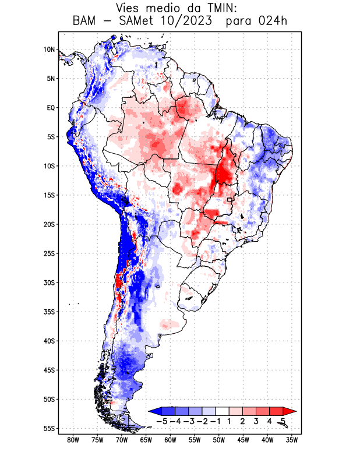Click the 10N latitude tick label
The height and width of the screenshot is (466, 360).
click(x=49, y=50)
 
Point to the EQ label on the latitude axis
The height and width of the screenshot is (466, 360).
click(x=51, y=108)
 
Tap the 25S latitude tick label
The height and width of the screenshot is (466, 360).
click(x=49, y=253)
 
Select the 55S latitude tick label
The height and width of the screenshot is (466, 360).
click(x=49, y=428)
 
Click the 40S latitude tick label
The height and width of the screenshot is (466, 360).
click(x=49, y=341)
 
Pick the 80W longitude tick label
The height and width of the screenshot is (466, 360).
click(x=73, y=440)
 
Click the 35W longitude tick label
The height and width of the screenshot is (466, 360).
click(x=292, y=440)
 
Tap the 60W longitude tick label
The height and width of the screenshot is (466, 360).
click(x=171, y=440)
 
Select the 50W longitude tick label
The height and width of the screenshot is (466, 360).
click(x=219, y=440)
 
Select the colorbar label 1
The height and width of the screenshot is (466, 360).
click(x=229, y=421)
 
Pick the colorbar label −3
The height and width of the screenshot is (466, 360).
click(x=189, y=421)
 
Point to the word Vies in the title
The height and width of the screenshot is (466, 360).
click(x=129, y=8)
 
